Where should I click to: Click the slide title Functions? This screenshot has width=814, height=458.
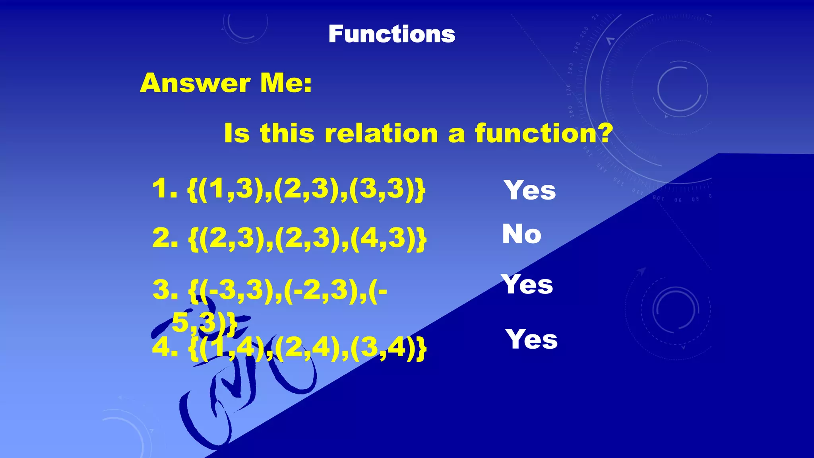[391, 34]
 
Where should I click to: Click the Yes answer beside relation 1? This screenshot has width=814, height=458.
[530, 190]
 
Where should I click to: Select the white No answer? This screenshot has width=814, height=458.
[521, 234]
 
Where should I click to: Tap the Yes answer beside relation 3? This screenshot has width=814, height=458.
[527, 284]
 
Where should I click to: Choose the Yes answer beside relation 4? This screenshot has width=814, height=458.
[532, 340]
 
